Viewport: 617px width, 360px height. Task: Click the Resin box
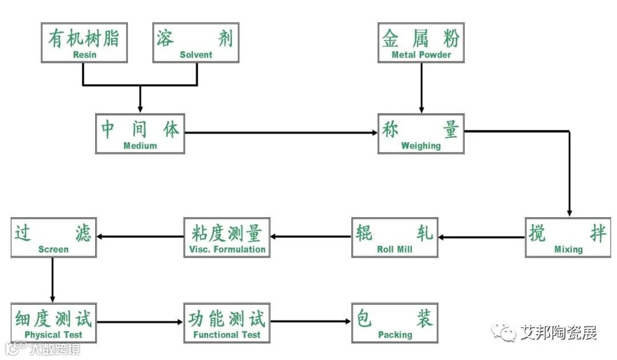tap(85, 43)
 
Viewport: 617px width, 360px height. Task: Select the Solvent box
tap(196, 43)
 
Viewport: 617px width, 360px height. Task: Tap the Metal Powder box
tap(421, 43)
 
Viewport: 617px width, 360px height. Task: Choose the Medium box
tap(140, 134)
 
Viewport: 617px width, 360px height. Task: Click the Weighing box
tap(421, 134)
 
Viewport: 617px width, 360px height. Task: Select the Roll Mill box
tap(395, 237)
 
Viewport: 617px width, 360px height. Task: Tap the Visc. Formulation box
tap(227, 237)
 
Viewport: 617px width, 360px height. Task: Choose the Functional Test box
tap(227, 323)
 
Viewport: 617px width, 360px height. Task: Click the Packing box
tap(395, 323)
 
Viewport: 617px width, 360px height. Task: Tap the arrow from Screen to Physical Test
tap(53, 280)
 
